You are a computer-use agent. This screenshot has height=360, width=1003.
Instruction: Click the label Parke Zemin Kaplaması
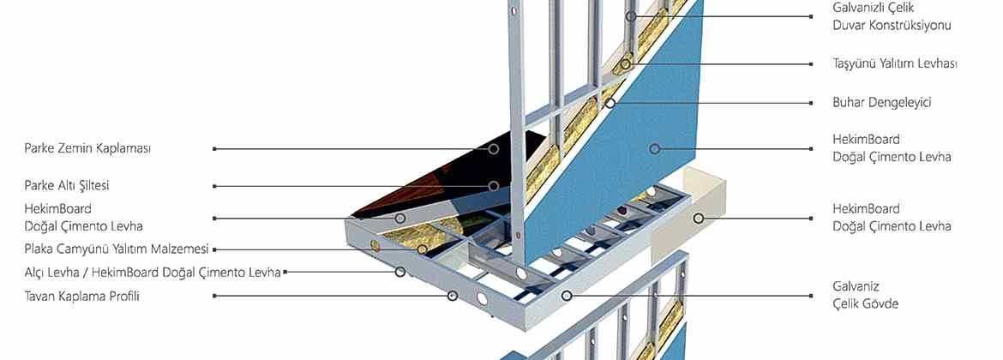pyautogui.click(x=87, y=148)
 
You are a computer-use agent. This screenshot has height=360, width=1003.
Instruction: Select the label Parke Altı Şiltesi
pyautogui.click(x=67, y=185)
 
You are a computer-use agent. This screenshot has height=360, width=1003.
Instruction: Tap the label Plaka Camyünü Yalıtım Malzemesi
pyautogui.click(x=117, y=249)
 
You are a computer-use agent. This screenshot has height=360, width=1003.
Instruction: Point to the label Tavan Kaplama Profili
pyautogui.click(x=82, y=296)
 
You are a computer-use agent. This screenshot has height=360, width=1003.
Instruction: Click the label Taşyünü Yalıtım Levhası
pyautogui.click(x=895, y=64)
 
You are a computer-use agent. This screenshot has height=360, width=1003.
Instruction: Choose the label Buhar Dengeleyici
pyautogui.click(x=882, y=102)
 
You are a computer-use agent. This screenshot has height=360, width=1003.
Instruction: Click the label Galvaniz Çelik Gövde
pyautogui.click(x=866, y=295)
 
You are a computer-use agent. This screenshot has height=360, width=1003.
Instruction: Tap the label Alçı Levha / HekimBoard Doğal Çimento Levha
pyautogui.click(x=153, y=273)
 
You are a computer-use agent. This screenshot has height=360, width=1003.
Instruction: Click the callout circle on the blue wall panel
pyautogui.click(x=654, y=149)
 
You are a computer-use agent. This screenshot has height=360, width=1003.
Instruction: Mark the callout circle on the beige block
pyautogui.click(x=699, y=218)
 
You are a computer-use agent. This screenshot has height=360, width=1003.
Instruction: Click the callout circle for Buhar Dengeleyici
pyautogui.click(x=610, y=102)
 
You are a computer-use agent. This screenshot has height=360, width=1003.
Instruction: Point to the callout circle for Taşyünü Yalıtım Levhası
pyautogui.click(x=625, y=64)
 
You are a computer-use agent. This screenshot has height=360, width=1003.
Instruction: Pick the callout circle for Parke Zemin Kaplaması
pyautogui.click(x=493, y=148)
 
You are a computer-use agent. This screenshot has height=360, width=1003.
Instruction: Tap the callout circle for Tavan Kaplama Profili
pyautogui.click(x=453, y=296)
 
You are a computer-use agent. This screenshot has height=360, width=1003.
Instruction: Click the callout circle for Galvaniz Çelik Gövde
pyautogui.click(x=566, y=296)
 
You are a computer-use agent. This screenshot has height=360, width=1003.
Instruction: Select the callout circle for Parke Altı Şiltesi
pyautogui.click(x=493, y=186)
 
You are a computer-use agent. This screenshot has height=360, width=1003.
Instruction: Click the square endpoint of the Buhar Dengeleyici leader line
pyautogui.click(x=811, y=102)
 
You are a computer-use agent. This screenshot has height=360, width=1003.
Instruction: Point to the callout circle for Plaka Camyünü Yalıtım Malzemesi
pyautogui.click(x=422, y=249)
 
